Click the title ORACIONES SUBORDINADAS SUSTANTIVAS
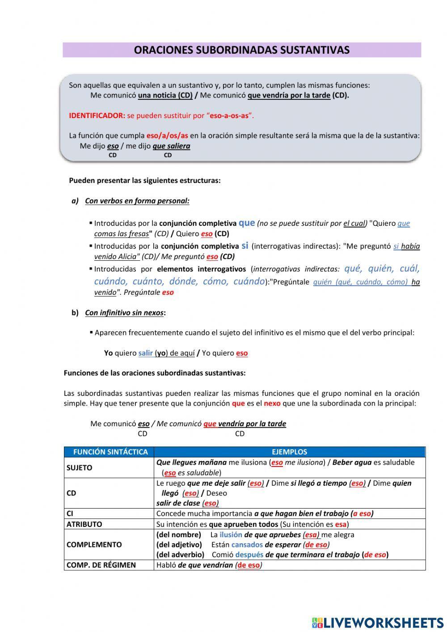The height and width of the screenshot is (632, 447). [241, 50]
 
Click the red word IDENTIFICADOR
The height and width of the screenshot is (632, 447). [97, 115]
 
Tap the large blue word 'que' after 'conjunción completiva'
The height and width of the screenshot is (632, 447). [247, 222]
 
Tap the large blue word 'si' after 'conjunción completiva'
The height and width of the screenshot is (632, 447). [245, 245]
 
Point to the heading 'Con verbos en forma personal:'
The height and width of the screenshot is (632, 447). [137, 201]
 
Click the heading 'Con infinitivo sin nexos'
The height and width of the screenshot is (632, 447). [124, 313]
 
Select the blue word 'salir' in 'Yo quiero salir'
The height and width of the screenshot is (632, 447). [146, 353]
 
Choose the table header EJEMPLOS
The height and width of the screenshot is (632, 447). [289, 452]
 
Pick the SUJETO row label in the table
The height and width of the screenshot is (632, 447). [80, 468]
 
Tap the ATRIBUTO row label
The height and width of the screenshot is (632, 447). [84, 524]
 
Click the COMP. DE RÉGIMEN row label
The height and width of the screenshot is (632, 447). [101, 565]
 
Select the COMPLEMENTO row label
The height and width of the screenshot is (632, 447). [94, 544]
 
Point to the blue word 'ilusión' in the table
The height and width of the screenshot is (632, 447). [231, 534]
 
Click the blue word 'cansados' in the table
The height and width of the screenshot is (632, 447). [247, 545]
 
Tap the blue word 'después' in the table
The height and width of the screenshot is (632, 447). [249, 555]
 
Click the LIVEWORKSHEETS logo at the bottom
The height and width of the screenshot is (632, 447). [378, 622]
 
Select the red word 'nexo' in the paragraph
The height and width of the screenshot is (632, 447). [272, 403]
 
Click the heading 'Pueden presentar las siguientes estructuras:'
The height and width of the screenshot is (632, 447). [145, 181]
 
